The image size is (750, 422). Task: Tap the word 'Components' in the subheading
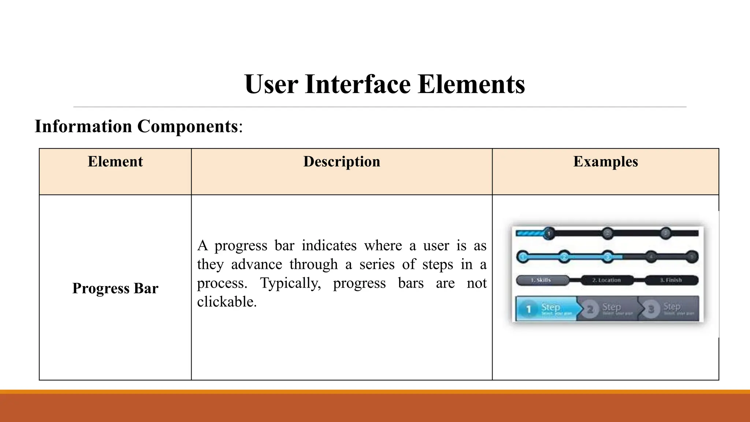click(x=187, y=126)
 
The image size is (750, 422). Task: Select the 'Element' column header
click(x=115, y=162)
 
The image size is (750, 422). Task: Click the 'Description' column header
click(x=342, y=162)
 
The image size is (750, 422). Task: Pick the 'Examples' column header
click(x=605, y=162)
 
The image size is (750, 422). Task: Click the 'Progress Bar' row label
click(x=115, y=288)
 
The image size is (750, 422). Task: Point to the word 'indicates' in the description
click(x=329, y=245)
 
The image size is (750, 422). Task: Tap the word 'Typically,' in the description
click(x=290, y=283)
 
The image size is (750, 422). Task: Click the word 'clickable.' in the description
click(x=227, y=302)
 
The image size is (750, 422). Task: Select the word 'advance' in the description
click(x=256, y=264)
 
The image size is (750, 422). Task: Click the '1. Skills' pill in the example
click(x=541, y=280)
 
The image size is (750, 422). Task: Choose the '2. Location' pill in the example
click(x=606, y=280)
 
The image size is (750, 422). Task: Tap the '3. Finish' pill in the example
click(x=671, y=280)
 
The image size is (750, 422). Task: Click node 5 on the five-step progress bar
click(x=691, y=257)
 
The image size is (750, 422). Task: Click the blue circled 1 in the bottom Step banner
click(x=528, y=309)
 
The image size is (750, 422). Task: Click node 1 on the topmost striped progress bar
click(x=549, y=233)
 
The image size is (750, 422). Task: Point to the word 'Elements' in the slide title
click(x=471, y=84)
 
